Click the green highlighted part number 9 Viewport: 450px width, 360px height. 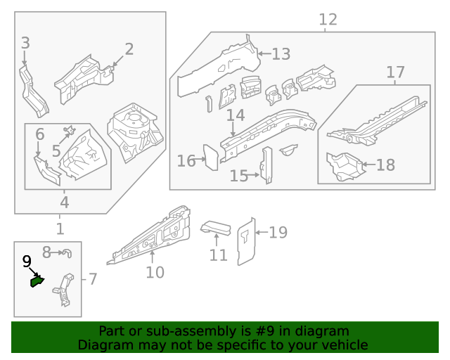(x=36, y=282)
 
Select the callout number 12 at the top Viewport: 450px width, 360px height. (x=328, y=20)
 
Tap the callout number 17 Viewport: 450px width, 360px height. (x=396, y=72)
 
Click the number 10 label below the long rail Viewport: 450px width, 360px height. (x=155, y=272)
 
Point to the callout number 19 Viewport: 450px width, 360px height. (x=278, y=232)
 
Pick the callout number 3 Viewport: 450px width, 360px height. (x=25, y=44)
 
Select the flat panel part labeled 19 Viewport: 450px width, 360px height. (x=245, y=243)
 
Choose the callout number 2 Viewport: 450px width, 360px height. (x=129, y=49)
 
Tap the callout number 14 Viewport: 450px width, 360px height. (x=236, y=115)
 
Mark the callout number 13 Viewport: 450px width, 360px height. (x=281, y=54)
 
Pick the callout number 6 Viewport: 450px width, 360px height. (x=40, y=134)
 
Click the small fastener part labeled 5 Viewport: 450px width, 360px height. (x=70, y=131)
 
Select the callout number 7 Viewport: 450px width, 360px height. (x=91, y=280)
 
